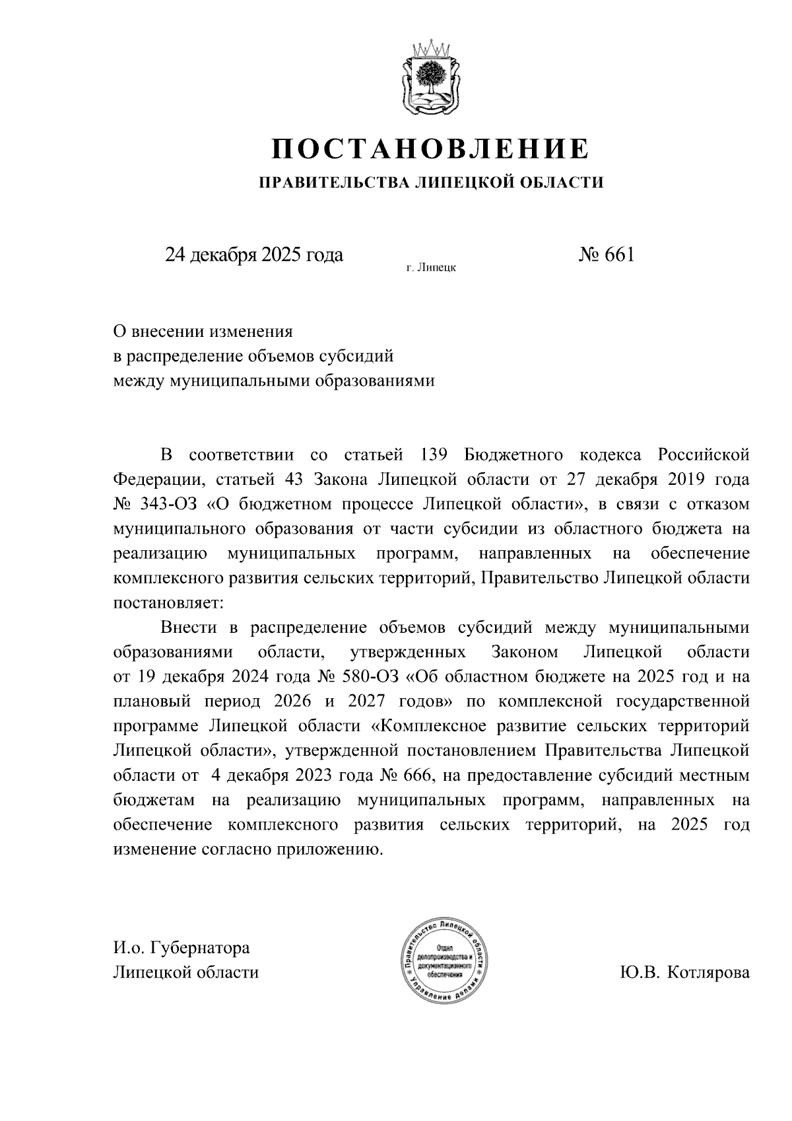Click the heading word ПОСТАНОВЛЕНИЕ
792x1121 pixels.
(430, 149)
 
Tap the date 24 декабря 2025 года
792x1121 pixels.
(254, 255)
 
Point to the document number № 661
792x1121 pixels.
(605, 255)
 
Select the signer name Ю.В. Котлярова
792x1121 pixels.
(684, 972)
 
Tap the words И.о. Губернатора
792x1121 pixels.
(181, 948)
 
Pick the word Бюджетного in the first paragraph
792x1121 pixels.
(513, 454)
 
